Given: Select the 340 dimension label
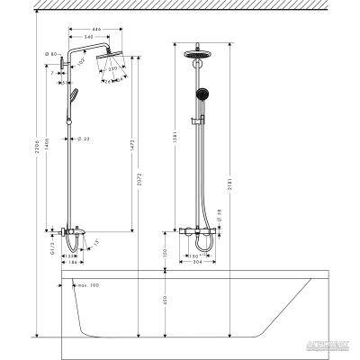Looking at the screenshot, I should coord(105,38).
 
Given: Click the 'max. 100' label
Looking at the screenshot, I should coord(87,286).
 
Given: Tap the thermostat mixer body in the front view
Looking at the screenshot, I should coord(196,232).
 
